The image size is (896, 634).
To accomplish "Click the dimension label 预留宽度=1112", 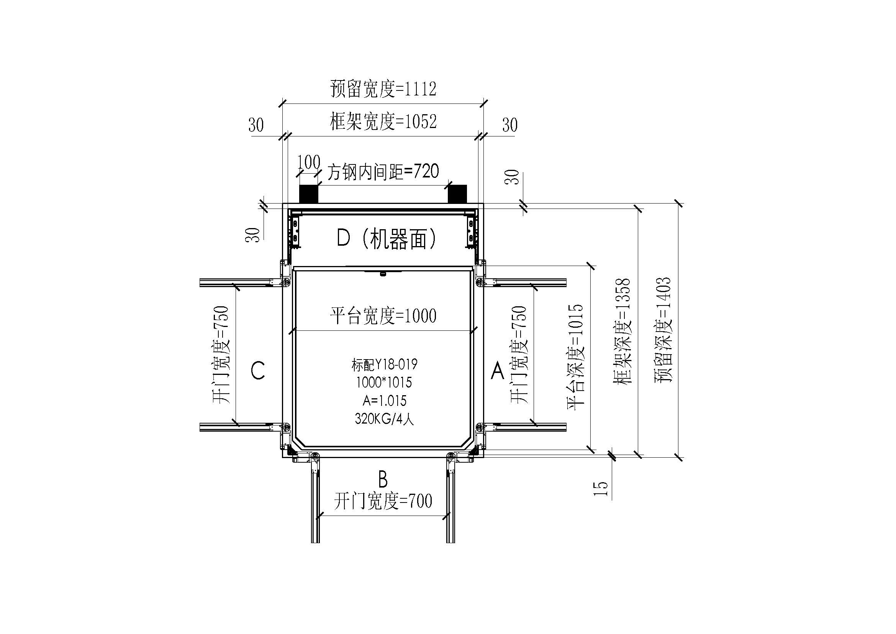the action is pyautogui.click(x=383, y=89).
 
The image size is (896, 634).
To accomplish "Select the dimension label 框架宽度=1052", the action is pyautogui.click(x=383, y=122).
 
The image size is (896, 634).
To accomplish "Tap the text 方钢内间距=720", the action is pyautogui.click(x=383, y=172).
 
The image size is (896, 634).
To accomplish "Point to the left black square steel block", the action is pyautogui.click(x=309, y=194).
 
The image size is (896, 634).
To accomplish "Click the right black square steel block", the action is pyautogui.click(x=457, y=194).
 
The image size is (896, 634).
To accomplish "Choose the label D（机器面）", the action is pyautogui.click(x=387, y=238).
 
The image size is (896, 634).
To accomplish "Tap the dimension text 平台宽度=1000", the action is pyautogui.click(x=383, y=315).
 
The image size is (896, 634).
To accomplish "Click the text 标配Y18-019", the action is pyautogui.click(x=384, y=365).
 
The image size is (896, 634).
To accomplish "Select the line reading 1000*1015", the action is pyautogui.click(x=384, y=383).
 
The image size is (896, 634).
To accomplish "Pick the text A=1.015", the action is pyautogui.click(x=384, y=401).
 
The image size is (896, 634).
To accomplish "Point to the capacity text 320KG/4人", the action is pyautogui.click(x=384, y=419).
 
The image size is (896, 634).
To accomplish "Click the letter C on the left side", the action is pyautogui.click(x=258, y=371).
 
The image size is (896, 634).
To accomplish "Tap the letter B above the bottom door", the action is pyautogui.click(x=383, y=480).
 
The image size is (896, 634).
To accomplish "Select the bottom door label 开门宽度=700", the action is pyautogui.click(x=383, y=501).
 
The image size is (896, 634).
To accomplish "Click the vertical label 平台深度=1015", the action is pyautogui.click(x=575, y=357).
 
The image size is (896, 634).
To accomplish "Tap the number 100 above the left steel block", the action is pyautogui.click(x=309, y=163).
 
